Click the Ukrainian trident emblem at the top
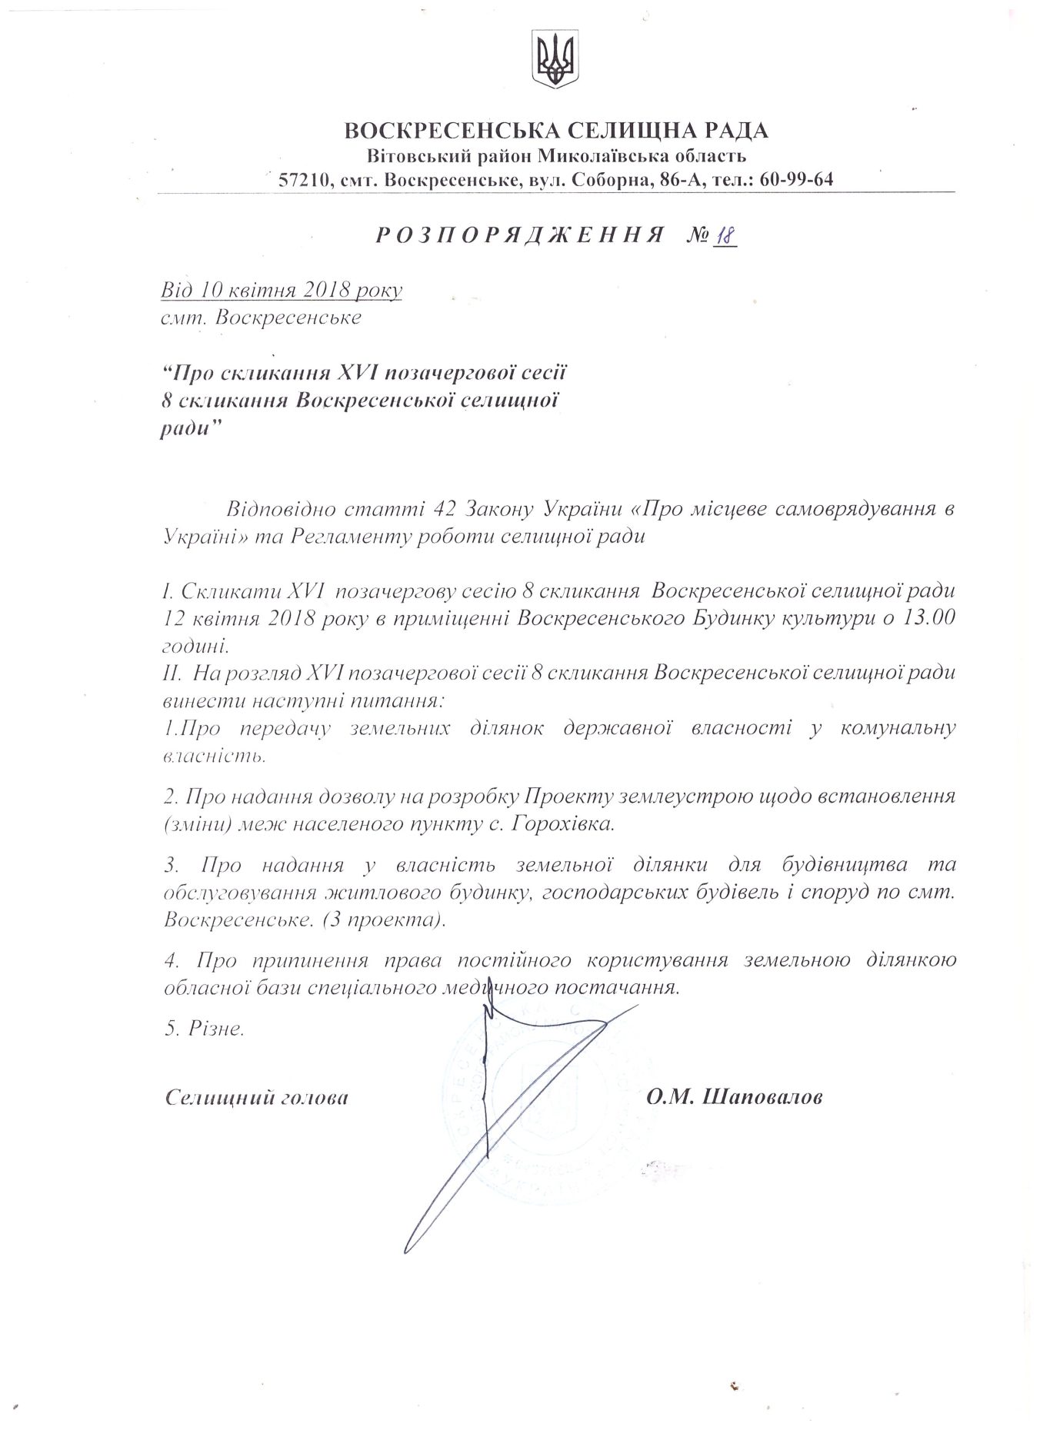coord(555,59)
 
